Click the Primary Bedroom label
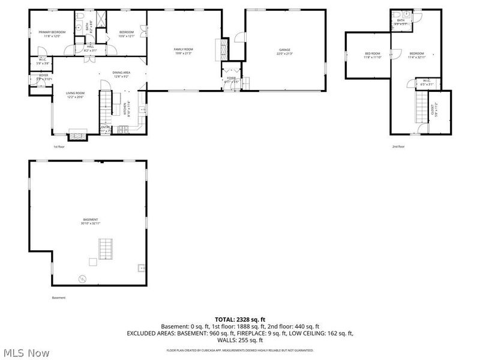tap(52, 32)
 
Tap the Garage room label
tap(284, 50)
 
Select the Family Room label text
tap(183, 49)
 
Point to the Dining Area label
tap(122, 73)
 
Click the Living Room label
tap(75, 93)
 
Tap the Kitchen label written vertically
tap(125, 109)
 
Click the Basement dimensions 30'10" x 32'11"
tap(91, 223)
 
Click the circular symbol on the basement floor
tap(83, 278)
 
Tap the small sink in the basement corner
tap(140, 268)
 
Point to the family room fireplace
tap(226, 48)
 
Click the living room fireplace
tap(77, 134)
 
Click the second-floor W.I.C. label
tap(426, 81)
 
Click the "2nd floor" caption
tap(398, 146)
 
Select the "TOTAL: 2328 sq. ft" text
tap(239, 319)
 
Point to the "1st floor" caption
tap(59, 146)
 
